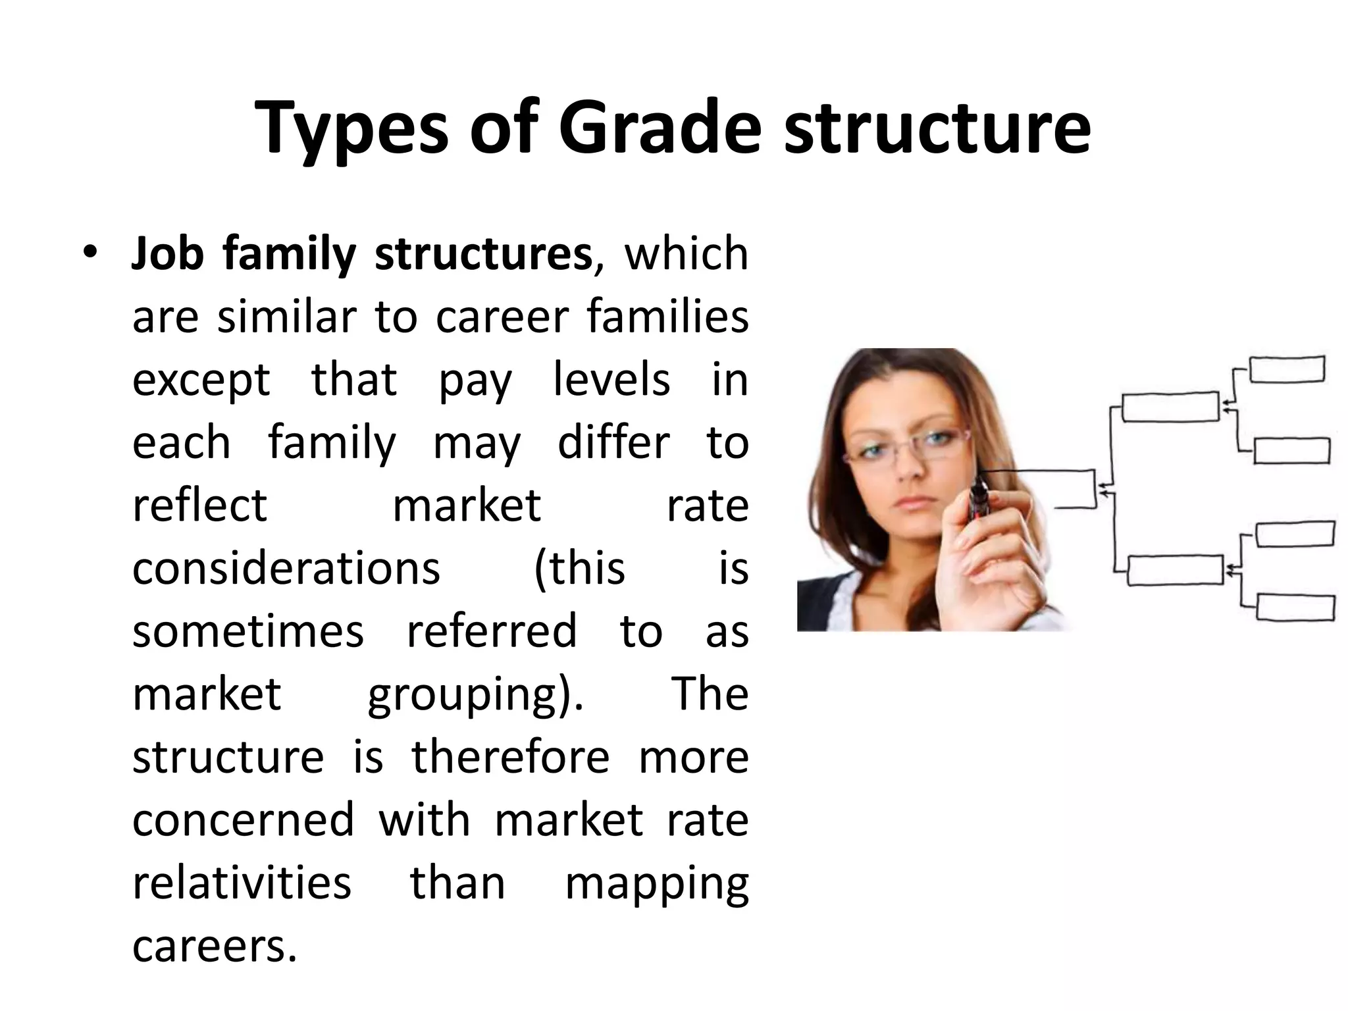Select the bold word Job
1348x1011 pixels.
pos(167,254)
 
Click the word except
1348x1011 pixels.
pos(201,381)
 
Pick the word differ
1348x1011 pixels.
pos(613,443)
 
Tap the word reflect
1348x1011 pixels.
pos(199,505)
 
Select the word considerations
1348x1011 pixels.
pos(286,569)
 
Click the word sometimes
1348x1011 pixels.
pos(247,631)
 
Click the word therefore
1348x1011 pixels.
pos(511,757)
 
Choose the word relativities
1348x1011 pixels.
pos(242,883)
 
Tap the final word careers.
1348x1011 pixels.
pos(215,946)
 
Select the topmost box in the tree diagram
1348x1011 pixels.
pos(1287,369)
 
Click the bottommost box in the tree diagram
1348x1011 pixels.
pos(1295,606)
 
